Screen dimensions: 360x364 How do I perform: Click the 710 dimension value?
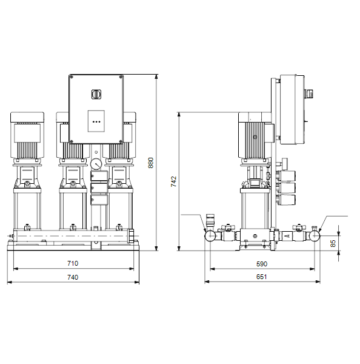coord(73,263)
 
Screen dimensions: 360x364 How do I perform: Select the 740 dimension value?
coord(73,277)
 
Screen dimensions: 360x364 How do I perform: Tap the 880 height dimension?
coord(150,163)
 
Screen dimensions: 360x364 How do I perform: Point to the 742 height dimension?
coord(173,181)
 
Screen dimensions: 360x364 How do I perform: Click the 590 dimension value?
coord(262,264)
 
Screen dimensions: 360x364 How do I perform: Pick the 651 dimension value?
coord(261,277)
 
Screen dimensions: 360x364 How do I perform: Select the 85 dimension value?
coord(333,243)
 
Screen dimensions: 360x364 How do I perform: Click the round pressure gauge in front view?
coord(96,164)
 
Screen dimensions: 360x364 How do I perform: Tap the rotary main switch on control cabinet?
coord(96,94)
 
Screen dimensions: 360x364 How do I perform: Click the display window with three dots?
coord(96,121)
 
